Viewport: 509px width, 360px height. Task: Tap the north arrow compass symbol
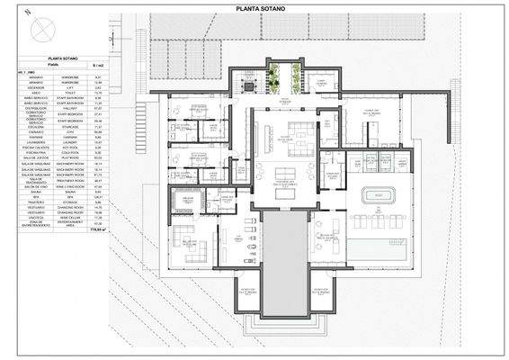[42, 31]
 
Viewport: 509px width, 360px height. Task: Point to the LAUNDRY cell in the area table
[69, 141]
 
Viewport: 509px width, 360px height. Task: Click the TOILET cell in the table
[69, 91]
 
